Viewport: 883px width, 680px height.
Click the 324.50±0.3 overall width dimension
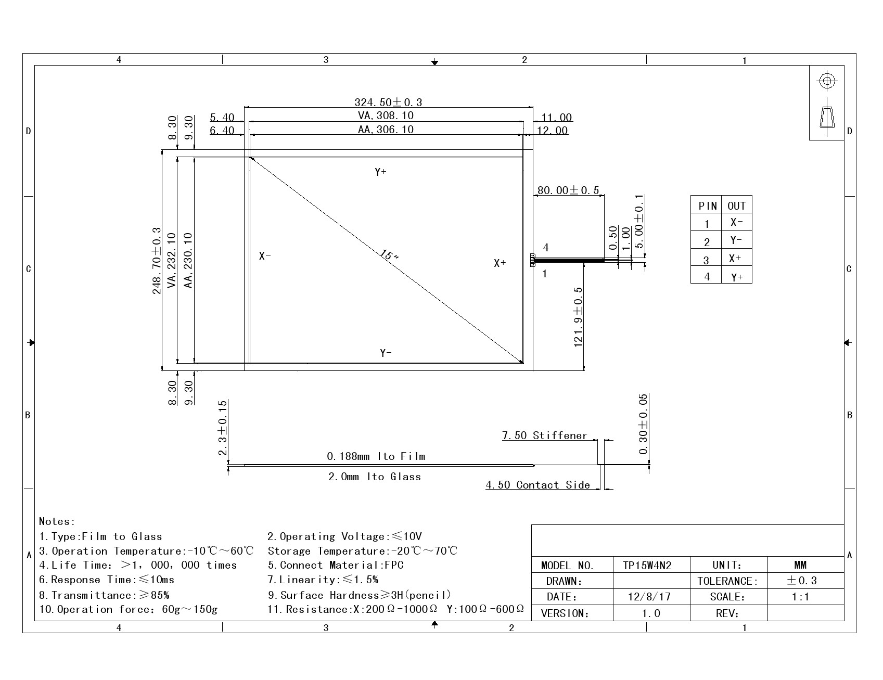[388, 102]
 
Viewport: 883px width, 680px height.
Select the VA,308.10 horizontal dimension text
[386, 116]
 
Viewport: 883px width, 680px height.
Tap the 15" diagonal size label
[389, 256]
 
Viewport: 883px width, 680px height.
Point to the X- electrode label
[265, 256]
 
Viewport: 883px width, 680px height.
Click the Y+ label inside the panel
[380, 172]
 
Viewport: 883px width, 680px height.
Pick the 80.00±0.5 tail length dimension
[568, 190]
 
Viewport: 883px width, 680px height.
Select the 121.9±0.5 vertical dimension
[578, 317]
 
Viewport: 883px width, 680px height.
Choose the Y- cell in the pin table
[736, 240]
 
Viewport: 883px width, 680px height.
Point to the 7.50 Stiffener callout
[544, 435]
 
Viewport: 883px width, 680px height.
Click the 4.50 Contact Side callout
[538, 485]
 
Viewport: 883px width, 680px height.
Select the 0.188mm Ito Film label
[376, 456]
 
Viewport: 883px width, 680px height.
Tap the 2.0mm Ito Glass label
[375, 477]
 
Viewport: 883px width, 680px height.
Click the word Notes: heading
[57, 521]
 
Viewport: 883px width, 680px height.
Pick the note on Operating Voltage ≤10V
[344, 536]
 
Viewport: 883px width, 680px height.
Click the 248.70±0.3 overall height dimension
[157, 261]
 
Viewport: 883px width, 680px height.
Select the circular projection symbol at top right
[827, 81]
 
